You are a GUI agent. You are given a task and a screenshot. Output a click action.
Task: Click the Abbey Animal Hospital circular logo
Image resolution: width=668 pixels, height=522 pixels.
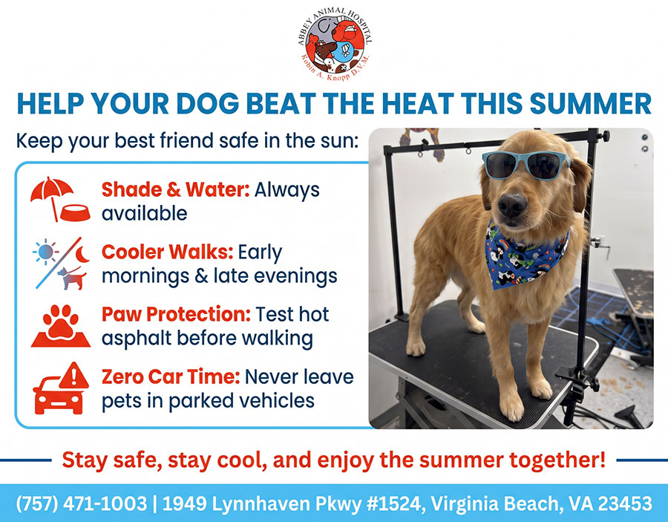pos(335,45)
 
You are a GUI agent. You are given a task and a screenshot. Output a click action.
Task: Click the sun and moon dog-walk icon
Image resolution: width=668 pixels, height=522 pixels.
pos(61,264)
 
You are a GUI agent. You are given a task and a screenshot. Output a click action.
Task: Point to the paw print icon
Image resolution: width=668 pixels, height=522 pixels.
pos(61,325)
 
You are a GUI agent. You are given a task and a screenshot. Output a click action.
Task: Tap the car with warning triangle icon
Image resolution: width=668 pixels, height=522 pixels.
pos(61,388)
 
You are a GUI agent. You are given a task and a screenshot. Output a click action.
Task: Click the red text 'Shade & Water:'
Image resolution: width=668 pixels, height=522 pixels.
pos(175,189)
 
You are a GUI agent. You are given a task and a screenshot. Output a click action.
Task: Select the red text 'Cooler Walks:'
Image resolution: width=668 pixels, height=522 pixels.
pos(168,252)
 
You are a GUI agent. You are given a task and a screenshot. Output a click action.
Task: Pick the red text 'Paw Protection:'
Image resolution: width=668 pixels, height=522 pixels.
pos(177,315)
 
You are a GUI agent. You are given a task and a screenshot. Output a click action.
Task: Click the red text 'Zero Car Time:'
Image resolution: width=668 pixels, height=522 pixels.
pos(171,377)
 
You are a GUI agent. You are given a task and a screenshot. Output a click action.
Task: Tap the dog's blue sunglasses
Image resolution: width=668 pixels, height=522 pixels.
pos(526,165)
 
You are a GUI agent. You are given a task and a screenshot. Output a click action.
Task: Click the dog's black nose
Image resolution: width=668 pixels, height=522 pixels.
pos(512,204)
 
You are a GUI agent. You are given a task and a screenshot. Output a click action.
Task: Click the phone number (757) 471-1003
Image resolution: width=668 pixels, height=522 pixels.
pos(82,503)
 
